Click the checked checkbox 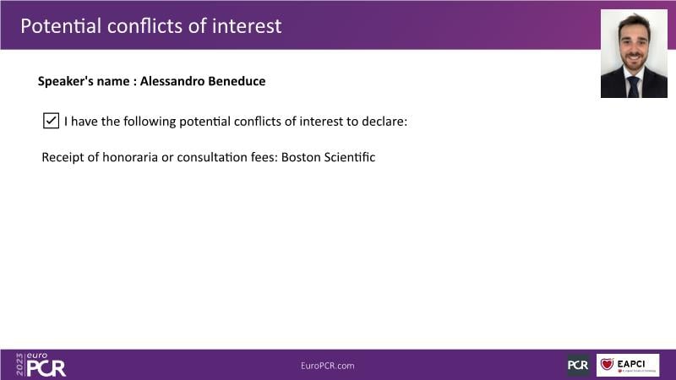point(51,121)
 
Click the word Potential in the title point(61,26)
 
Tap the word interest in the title point(247,26)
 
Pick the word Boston point(301,157)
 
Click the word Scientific point(350,157)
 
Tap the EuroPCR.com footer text point(328,366)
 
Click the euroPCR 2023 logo point(41,365)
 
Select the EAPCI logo point(628,365)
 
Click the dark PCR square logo point(578,365)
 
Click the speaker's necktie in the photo point(633,87)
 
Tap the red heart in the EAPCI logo point(607,364)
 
